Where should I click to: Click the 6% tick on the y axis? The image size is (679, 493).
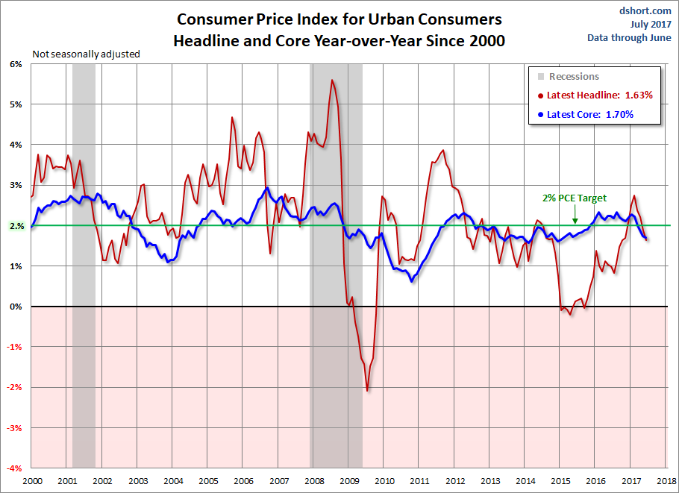coord(16,64)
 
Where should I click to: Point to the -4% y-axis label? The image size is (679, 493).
coord(15,468)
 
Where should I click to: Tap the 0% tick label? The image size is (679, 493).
coord(16,307)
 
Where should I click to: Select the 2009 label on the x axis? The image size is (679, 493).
coord(348,482)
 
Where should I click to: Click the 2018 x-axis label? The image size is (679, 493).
coord(666,482)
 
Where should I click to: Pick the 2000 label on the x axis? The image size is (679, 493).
coord(31,482)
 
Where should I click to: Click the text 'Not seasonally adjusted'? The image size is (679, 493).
coord(86,54)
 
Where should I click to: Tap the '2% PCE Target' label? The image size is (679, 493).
coord(575,198)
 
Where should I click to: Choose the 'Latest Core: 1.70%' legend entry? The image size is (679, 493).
coord(589,115)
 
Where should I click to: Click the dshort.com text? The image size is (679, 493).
coord(645,11)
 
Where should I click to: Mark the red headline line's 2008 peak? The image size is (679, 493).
coord(332,81)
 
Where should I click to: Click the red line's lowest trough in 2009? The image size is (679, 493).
coord(367,390)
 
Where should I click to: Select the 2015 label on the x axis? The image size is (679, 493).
coord(560,482)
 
